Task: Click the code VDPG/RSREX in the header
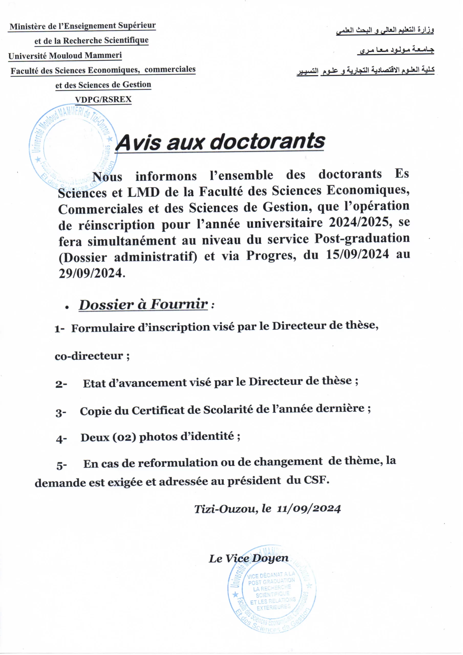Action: (x=103, y=99)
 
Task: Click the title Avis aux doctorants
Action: (x=220, y=142)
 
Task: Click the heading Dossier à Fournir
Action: (x=144, y=304)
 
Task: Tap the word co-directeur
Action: (x=89, y=356)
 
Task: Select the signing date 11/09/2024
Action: (x=309, y=509)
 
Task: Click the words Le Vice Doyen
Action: (x=248, y=559)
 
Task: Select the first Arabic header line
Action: (x=385, y=30)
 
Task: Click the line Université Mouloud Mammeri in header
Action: (x=65, y=55)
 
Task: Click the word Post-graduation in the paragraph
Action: (x=362, y=238)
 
